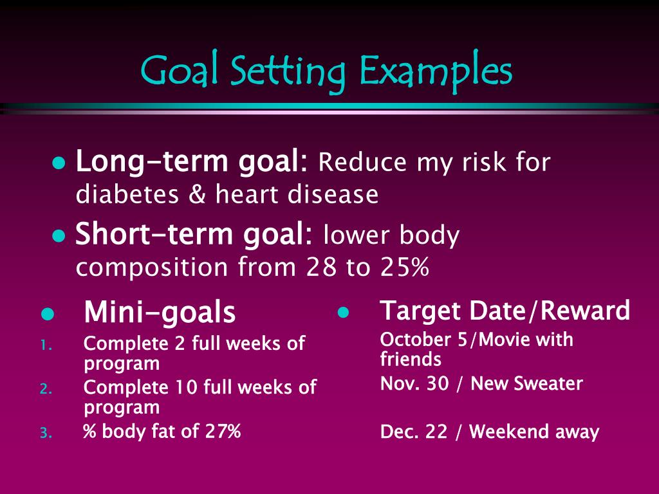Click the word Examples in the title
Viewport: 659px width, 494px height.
point(436,71)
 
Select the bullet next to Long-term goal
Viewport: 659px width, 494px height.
point(59,163)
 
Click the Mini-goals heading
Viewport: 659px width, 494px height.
point(160,313)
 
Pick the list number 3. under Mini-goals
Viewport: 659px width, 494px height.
point(45,433)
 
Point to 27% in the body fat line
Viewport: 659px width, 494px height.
point(223,431)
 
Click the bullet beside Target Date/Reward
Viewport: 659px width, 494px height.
point(343,313)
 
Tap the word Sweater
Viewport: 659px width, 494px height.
point(551,384)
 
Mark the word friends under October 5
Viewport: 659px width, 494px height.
point(411,359)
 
